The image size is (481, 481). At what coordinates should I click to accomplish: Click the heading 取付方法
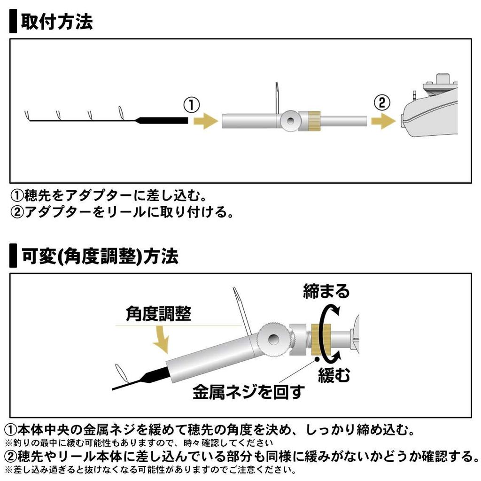click(56, 22)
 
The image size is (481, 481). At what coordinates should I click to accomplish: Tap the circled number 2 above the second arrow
click(381, 102)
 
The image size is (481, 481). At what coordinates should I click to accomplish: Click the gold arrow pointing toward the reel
click(383, 121)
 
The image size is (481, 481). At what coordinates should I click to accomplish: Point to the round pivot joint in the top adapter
click(290, 121)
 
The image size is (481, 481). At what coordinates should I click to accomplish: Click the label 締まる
click(326, 291)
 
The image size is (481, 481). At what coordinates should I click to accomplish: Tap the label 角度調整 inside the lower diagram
click(158, 313)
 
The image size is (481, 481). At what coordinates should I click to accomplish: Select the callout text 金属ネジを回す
click(248, 391)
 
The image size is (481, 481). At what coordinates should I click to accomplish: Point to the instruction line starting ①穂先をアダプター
click(108, 194)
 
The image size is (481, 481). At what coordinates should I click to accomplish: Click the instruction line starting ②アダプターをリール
click(122, 212)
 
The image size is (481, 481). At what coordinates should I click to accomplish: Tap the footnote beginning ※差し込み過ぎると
click(150, 470)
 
